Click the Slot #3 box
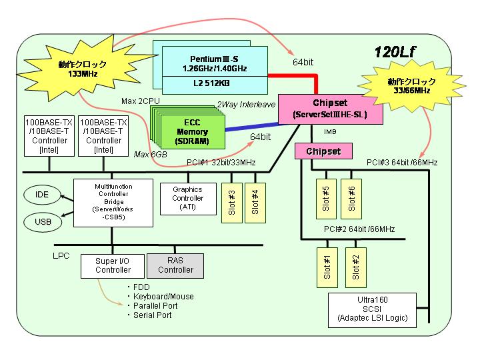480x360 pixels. tap(232, 203)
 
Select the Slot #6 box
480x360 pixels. tap(351, 199)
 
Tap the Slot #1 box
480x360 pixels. tap(327, 267)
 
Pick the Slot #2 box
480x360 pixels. tap(356, 267)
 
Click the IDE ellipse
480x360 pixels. tap(42, 195)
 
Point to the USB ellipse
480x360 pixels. tap(43, 221)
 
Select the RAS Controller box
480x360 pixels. tap(175, 266)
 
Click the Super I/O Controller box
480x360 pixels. tap(113, 266)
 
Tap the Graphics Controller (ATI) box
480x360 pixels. tap(188, 199)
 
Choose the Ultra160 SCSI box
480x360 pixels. tap(372, 310)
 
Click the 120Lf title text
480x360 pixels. tap(395, 53)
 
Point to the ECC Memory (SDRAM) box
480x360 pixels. tap(193, 132)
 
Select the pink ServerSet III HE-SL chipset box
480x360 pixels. tap(330, 109)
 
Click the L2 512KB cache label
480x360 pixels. tap(211, 83)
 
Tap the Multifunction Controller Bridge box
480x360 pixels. tap(113, 203)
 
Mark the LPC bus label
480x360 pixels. tap(61, 255)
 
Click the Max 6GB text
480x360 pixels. tap(150, 155)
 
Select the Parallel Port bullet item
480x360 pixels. tap(153, 305)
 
